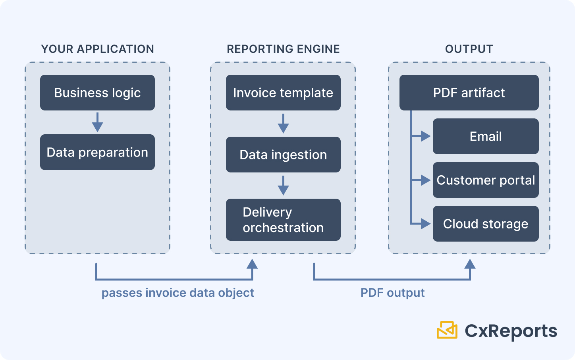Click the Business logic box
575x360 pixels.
(97, 93)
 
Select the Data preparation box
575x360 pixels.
(97, 152)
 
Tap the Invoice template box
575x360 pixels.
(283, 93)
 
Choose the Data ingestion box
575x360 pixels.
(283, 155)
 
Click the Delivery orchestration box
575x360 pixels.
(283, 220)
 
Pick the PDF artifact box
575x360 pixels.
(469, 93)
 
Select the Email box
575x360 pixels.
(486, 136)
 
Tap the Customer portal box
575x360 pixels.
(486, 180)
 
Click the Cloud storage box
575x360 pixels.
(486, 224)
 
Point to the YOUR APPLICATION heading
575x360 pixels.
(98, 49)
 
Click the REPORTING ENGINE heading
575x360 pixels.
(283, 49)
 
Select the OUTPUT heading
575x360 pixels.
(469, 49)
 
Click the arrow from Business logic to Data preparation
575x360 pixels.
(97, 122)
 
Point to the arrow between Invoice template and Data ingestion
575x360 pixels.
(283, 124)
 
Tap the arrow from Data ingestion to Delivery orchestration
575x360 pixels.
(283, 186)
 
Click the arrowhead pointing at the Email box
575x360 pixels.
(425, 136)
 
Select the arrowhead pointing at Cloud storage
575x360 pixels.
(425, 224)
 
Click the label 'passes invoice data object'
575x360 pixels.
(178, 293)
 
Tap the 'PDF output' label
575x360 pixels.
(392, 293)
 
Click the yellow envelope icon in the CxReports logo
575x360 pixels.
(447, 330)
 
